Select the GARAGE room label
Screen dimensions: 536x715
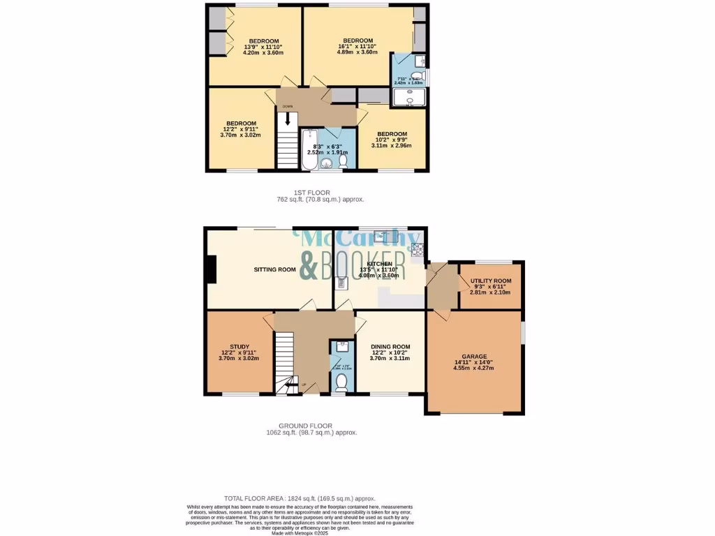(x=475, y=356)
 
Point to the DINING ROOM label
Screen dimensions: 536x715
(x=390, y=347)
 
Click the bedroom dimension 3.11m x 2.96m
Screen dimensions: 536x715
(x=392, y=146)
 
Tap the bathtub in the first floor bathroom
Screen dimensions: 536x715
(x=309, y=149)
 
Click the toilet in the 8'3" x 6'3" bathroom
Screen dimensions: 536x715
(x=342, y=161)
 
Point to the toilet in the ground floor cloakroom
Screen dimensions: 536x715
(x=341, y=382)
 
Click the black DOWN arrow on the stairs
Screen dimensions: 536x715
(x=287, y=119)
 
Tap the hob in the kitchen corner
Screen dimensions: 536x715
(x=418, y=248)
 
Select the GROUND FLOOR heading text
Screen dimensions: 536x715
(x=305, y=426)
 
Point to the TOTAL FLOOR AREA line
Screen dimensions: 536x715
(x=300, y=499)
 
